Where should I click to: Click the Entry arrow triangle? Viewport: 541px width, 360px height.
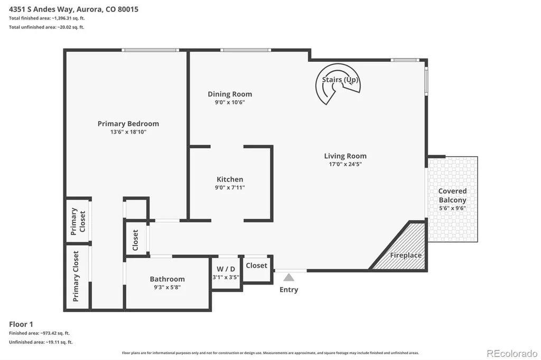[x=289, y=277]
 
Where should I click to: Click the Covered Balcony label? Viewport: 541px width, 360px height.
[x=452, y=195]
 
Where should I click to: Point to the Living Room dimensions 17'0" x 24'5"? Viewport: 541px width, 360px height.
[x=345, y=164]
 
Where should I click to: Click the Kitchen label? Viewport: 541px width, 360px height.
[x=230, y=179]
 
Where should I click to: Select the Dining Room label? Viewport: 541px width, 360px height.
[x=230, y=94]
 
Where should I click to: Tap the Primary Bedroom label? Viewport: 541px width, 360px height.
[x=128, y=124]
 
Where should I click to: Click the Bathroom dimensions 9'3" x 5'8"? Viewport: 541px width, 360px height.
[x=167, y=287]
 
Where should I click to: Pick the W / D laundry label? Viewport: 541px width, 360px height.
[x=226, y=269]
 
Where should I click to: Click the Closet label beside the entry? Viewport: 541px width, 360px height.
[x=256, y=266]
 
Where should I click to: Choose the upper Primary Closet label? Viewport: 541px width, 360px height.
[x=78, y=221]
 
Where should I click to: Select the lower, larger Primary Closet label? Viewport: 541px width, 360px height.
[x=76, y=276]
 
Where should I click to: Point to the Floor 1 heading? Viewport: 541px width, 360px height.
[x=21, y=324]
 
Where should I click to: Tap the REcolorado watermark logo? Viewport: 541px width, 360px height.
[x=512, y=354]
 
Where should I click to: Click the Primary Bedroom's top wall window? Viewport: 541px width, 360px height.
[x=150, y=50]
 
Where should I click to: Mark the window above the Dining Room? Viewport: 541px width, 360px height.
[x=246, y=50]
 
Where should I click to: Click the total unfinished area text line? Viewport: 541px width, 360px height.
[x=46, y=27]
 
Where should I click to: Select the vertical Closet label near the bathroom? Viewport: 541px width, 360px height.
[x=135, y=240]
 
